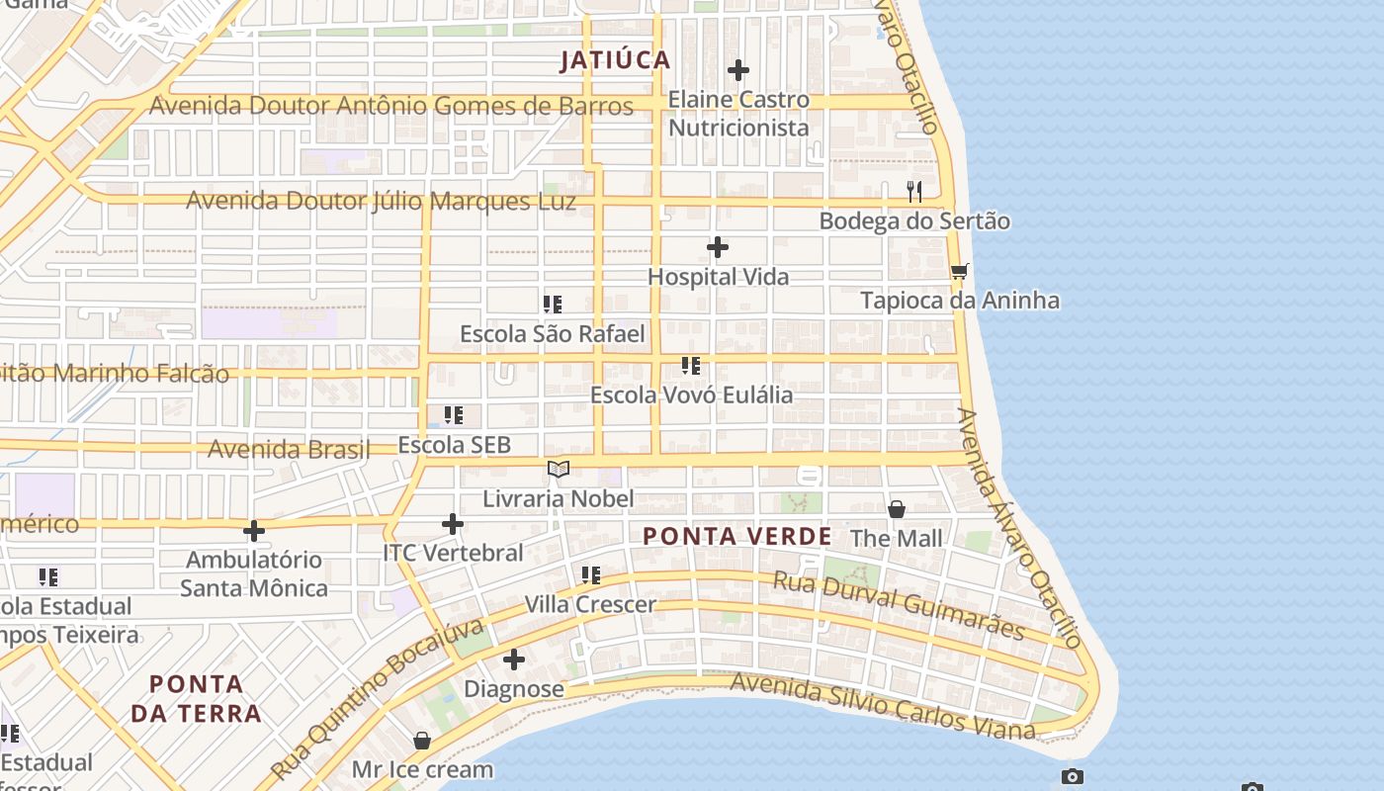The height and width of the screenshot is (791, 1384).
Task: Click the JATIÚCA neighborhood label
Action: point(615,60)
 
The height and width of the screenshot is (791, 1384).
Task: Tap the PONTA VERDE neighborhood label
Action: point(736,536)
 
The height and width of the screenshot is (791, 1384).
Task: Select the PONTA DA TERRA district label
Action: point(196,698)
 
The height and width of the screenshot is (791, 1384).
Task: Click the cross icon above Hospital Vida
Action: point(718,247)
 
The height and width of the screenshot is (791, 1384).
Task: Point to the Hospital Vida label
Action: point(718,277)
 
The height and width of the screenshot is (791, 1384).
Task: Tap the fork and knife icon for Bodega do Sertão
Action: point(914,191)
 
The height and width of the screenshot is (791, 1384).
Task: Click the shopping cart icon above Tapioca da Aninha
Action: point(959,271)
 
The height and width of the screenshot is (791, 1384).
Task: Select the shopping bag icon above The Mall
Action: point(897,509)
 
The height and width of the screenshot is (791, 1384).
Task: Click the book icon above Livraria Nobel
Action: point(559,469)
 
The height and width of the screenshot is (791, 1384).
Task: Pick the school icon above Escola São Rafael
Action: point(553,305)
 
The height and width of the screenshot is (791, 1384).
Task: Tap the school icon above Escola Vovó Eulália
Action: point(691,366)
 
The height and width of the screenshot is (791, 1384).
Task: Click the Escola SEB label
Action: point(454,445)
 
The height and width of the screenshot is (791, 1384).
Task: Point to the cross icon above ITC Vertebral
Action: point(453,524)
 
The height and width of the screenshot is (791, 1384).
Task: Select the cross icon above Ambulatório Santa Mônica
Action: point(254,531)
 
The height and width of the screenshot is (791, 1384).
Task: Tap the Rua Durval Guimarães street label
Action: point(898,605)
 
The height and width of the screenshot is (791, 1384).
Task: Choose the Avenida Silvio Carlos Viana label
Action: point(882,707)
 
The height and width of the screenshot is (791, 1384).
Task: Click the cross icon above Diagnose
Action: point(514,659)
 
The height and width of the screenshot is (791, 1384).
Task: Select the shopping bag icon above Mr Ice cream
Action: point(422,741)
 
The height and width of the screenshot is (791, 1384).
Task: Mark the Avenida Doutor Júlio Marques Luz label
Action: point(381,201)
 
